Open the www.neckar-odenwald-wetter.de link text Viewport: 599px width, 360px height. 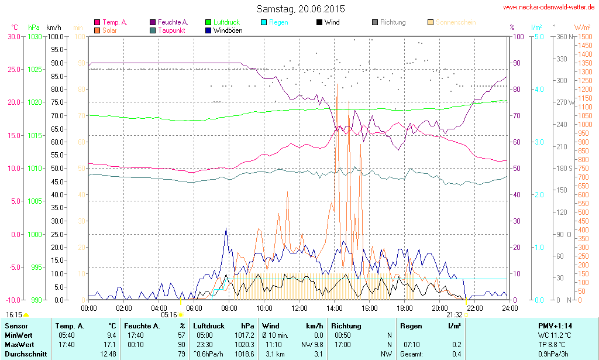tap(548, 7)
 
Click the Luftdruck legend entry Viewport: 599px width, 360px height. tap(225, 22)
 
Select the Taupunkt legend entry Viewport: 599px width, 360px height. tap(172, 30)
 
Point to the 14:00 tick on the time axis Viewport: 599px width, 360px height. tap(334, 308)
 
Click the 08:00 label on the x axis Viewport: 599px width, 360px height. tap(229, 308)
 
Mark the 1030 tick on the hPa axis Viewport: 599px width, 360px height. tap(35, 36)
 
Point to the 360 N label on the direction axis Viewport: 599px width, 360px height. tap(562, 36)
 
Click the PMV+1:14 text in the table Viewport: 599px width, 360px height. tap(555, 325)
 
